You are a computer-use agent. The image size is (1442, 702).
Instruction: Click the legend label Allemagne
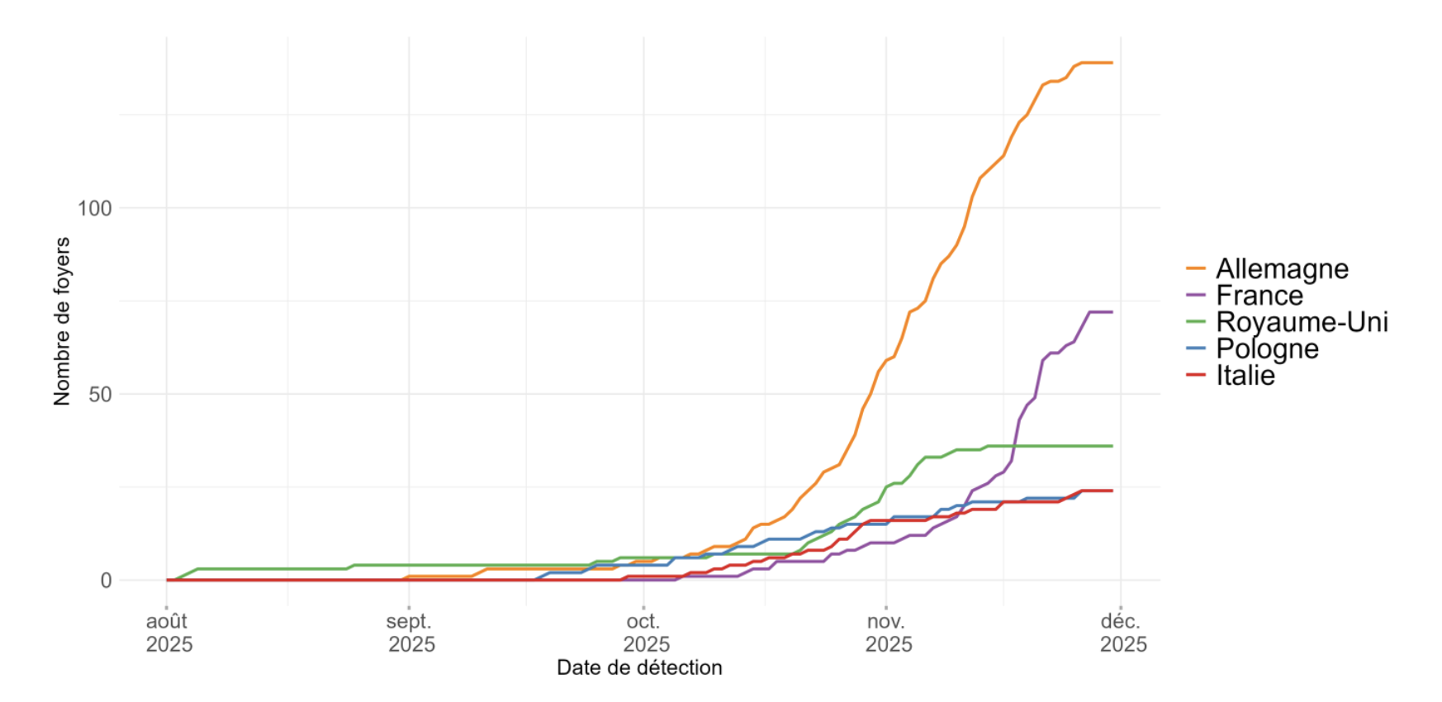coord(1282,269)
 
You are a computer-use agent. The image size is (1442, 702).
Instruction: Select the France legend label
coord(1259,296)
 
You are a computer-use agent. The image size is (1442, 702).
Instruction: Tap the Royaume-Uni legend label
coord(1302,322)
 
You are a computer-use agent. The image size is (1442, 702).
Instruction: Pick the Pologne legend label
coord(1267,349)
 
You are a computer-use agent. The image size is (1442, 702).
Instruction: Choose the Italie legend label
coord(1245,376)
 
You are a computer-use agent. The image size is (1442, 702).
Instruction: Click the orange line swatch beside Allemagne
coord(1196,269)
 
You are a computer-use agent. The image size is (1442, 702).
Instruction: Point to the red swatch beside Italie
coord(1196,376)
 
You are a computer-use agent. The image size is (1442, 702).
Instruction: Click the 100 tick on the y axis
coord(94,208)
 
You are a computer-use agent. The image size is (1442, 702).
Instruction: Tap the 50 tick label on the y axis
coord(100,395)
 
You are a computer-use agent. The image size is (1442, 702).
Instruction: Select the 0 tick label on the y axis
coord(106,581)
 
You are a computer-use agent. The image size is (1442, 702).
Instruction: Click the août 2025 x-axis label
coord(168,633)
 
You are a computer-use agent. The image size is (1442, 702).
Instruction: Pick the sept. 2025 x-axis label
coord(410,633)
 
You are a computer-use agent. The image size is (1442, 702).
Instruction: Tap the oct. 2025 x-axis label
coord(645,633)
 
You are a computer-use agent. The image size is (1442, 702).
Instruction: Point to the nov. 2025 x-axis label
coord(888,633)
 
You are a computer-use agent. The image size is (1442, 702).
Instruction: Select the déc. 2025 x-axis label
coord(1122,633)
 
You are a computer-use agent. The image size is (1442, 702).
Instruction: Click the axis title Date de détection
coord(639,667)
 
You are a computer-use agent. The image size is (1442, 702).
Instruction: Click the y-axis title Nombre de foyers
coord(62,321)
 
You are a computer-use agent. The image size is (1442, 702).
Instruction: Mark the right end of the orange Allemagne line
coord(1112,63)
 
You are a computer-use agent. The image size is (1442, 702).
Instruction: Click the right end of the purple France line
coord(1112,312)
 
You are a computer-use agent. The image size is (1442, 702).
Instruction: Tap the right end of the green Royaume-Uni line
coord(1112,446)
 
